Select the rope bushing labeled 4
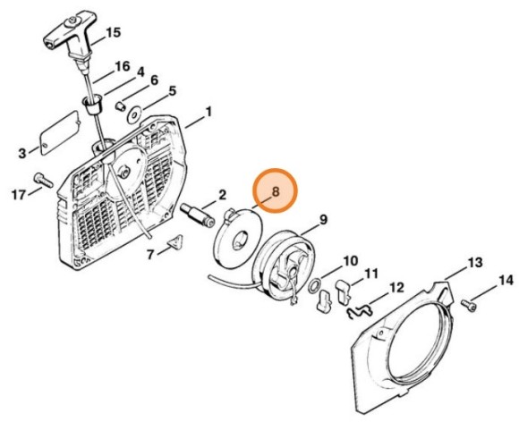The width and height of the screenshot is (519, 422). coord(92,104)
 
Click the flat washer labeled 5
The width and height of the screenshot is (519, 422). coord(135,115)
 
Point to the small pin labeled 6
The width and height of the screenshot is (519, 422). coord(120,106)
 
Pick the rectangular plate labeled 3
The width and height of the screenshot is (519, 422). coord(60,132)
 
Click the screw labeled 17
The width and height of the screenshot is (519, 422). coord(43,181)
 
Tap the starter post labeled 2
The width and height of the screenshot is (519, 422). coord(198,215)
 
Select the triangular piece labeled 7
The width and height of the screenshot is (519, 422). coord(174,243)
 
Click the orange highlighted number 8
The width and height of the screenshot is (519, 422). coord(276,191)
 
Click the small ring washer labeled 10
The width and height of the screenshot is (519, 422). coord(315,285)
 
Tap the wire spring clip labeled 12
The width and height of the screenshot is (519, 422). coord(360,310)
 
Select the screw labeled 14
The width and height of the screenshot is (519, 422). coord(469,305)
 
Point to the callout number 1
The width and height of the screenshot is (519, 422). coord(208,112)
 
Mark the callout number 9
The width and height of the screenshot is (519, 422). coord(323,220)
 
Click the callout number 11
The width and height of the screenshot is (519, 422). coord(370,274)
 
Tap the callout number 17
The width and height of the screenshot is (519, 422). coord(19,195)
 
